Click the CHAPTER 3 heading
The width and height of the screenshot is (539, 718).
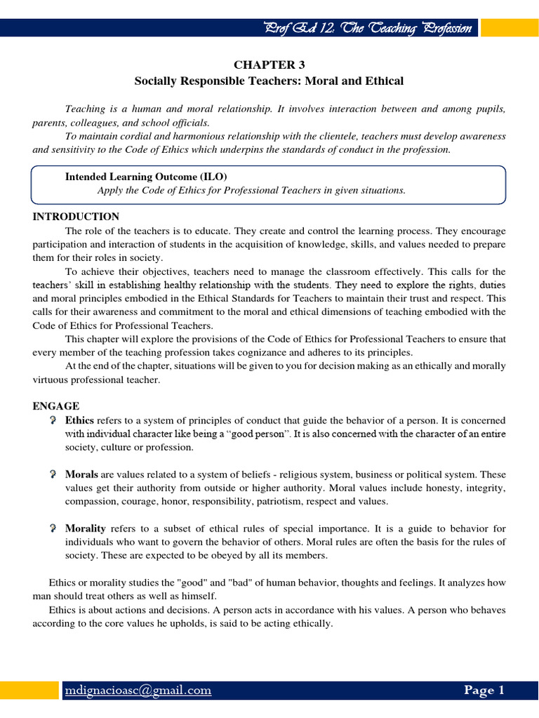click(269, 65)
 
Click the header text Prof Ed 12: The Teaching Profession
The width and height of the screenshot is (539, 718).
click(371, 28)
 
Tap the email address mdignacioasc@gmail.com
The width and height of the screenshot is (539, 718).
click(138, 690)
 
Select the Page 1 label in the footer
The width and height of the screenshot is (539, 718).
click(484, 690)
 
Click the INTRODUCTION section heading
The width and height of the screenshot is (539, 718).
click(76, 217)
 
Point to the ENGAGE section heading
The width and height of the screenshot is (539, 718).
click(56, 406)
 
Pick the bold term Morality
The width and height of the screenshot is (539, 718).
click(86, 528)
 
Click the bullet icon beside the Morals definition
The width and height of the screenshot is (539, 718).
click(53, 475)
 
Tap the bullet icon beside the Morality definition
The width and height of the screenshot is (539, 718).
click(53, 528)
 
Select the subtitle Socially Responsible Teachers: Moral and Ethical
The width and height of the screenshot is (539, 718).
click(269, 81)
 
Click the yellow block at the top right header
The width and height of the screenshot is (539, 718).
click(510, 28)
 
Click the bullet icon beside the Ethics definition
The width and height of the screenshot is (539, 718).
click(53, 420)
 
